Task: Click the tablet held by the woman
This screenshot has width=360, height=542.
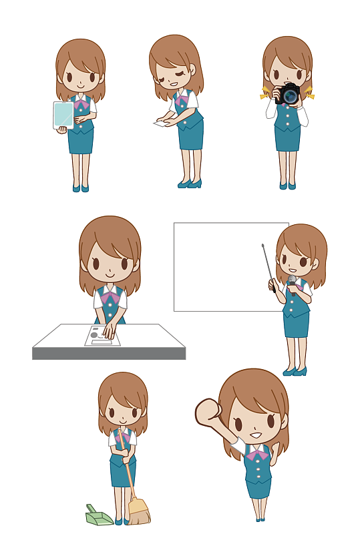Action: click(x=63, y=115)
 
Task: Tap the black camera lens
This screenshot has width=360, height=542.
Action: click(x=290, y=96)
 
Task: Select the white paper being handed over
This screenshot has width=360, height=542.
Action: click(x=161, y=123)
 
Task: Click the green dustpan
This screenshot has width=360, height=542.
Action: click(x=98, y=515)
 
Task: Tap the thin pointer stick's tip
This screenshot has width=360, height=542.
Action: click(x=263, y=246)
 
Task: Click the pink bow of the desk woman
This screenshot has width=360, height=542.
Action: click(x=110, y=297)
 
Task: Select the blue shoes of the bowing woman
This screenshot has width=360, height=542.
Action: click(x=188, y=183)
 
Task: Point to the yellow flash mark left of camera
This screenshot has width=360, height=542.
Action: click(x=265, y=93)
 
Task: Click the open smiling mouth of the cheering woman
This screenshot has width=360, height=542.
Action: click(x=255, y=435)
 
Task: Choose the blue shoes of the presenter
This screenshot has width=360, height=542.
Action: click(x=294, y=371)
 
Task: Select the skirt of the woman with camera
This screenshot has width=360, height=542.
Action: click(x=288, y=138)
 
